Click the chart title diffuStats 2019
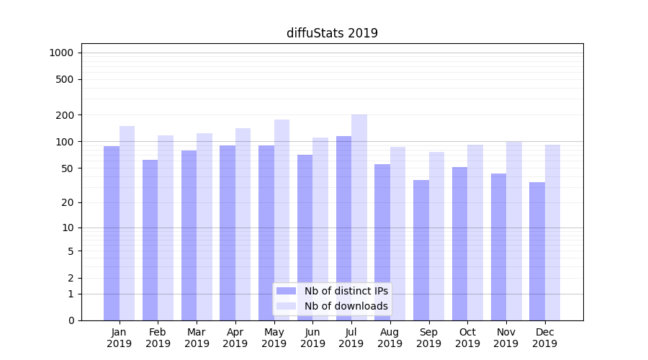point(332,33)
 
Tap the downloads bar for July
point(359,217)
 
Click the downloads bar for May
point(282,220)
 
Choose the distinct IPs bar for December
point(537,251)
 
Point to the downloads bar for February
point(166,228)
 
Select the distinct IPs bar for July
point(343,228)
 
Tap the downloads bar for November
point(514,230)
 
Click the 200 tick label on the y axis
point(65,115)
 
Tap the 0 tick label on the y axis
point(71,320)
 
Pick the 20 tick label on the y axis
point(68,202)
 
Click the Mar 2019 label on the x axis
point(197,338)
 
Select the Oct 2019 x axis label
point(467,338)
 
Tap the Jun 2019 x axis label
point(312,338)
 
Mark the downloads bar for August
point(398,233)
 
